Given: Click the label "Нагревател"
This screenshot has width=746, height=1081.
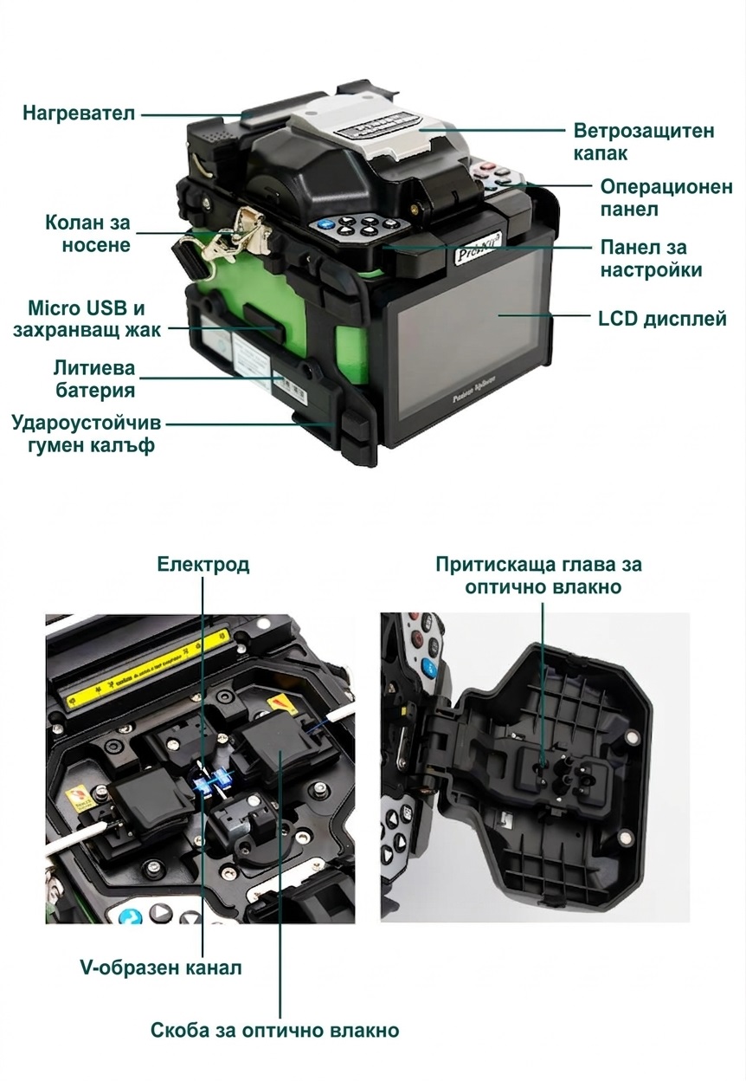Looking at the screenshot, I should pyautogui.click(x=79, y=113).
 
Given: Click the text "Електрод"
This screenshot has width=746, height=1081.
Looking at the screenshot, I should pyautogui.click(x=203, y=565).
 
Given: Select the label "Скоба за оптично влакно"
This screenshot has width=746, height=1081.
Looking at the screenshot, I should pyautogui.click(x=274, y=1031).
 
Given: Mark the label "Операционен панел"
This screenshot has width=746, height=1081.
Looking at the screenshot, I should pyautogui.click(x=666, y=198).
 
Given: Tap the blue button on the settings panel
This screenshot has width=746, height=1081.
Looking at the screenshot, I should pyautogui.click(x=326, y=224).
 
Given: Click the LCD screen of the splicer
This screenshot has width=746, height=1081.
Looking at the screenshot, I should pyautogui.click(x=472, y=338).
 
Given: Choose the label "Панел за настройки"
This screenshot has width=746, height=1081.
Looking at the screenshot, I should pyautogui.click(x=651, y=258).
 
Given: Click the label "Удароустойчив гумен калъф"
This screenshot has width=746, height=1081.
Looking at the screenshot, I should pyautogui.click(x=87, y=434).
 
